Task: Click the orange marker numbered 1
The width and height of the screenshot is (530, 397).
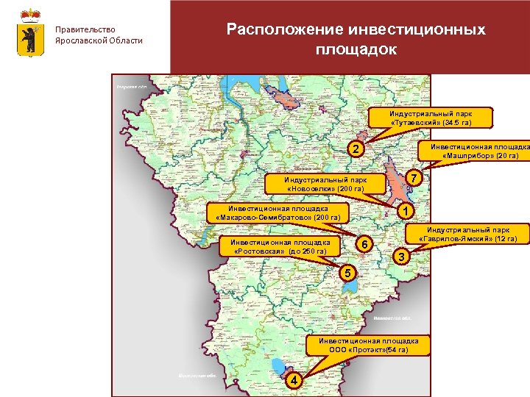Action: coord(404,211)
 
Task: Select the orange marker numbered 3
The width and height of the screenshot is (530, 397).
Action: coord(400,257)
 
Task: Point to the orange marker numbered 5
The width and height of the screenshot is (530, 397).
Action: coord(348,273)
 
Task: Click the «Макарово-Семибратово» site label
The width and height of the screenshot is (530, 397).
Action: coord(278,213)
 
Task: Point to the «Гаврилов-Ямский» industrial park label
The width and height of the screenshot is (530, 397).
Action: coord(469,235)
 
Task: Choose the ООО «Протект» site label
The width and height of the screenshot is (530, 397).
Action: coord(368,346)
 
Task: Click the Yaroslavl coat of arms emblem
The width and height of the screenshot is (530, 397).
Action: coord(29,34)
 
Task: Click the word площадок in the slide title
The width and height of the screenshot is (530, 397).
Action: coord(356,50)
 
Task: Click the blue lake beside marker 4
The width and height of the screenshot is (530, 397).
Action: coord(278,365)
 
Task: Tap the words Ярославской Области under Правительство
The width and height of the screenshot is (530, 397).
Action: coord(99,40)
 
